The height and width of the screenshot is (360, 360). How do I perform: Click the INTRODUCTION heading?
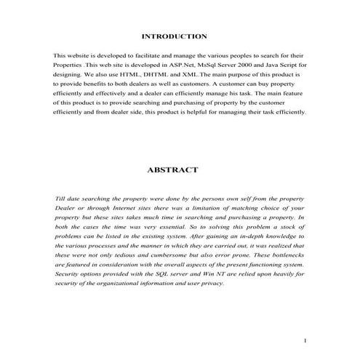coord(174,36)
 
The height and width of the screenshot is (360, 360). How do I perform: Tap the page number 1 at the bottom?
coord(306,340)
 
